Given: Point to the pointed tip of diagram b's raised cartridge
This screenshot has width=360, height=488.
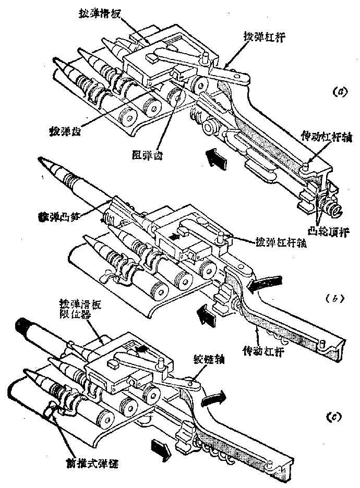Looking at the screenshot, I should tap(42, 165).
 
